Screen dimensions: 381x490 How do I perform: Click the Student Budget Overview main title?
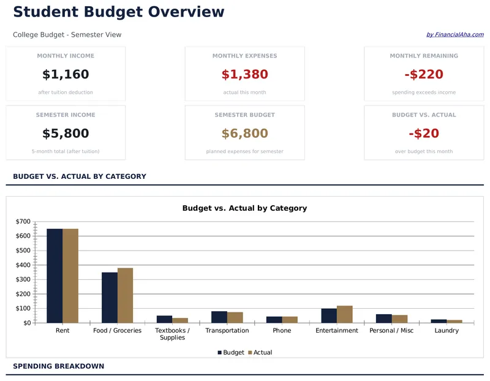click(118, 12)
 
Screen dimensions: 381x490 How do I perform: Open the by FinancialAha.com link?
click(454, 35)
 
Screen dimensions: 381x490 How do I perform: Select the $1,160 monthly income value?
click(66, 75)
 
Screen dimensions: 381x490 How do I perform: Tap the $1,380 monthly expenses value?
click(244, 75)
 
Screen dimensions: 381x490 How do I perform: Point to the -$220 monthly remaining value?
click(424, 75)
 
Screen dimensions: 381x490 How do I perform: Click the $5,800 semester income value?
click(66, 134)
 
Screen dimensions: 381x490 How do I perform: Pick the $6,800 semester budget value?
click(244, 134)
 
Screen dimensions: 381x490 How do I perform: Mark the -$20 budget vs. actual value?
click(424, 134)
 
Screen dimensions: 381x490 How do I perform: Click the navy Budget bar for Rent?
click(55, 276)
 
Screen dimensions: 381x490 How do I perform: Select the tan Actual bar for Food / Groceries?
click(125, 295)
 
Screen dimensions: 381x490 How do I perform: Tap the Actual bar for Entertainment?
click(344, 314)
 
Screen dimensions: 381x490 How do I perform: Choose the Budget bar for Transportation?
click(219, 317)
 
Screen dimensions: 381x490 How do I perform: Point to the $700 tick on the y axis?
click(23, 222)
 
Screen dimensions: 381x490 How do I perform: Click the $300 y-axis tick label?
click(23, 279)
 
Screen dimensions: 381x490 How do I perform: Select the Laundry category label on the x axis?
click(447, 331)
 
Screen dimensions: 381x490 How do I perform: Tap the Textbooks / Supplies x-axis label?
click(172, 334)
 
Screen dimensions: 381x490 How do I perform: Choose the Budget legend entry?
click(231, 353)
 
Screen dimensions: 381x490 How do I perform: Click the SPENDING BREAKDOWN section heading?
click(58, 366)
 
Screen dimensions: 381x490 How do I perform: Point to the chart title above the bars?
click(244, 208)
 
